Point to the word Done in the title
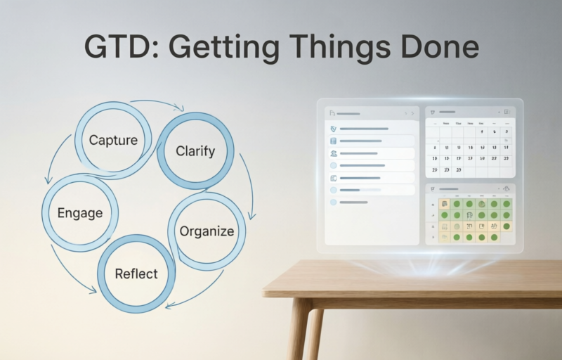click(436, 47)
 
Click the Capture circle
click(113, 139)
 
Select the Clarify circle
click(195, 150)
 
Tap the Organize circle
click(207, 231)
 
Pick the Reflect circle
click(136, 274)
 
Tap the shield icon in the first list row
click(333, 129)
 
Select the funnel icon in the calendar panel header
click(433, 112)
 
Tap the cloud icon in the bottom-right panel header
click(507, 188)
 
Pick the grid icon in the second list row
click(333, 141)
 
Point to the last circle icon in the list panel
click(333, 202)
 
